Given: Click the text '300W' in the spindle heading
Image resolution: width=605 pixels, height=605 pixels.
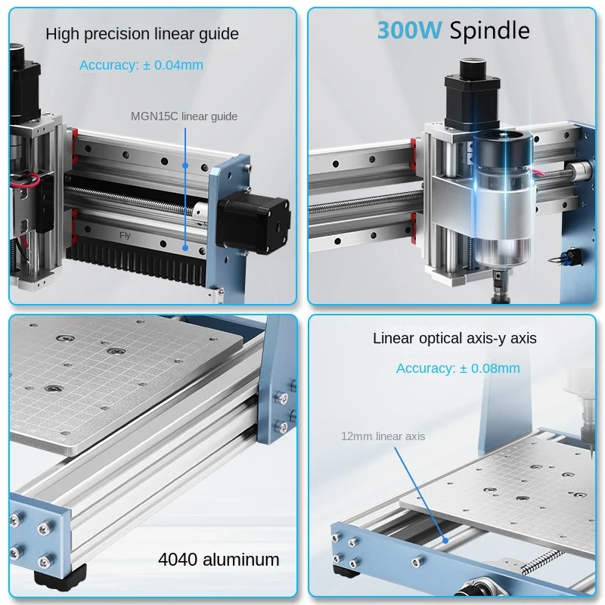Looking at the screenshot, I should coord(409,30).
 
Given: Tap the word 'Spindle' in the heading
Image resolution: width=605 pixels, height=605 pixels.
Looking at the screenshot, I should coord(489,30).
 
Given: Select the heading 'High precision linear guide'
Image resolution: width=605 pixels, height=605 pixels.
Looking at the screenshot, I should coord(142,34).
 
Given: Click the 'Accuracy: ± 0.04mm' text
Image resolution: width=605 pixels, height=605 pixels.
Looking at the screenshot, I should coord(141,65).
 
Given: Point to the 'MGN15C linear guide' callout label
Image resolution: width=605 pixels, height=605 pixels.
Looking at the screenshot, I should coord(184,116).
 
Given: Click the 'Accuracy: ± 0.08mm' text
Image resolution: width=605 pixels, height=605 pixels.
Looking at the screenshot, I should coord(458,368).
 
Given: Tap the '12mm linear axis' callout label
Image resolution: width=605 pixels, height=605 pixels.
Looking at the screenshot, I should coord(383,436).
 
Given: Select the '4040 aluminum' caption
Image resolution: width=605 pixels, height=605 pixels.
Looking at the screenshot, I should coord(219,560).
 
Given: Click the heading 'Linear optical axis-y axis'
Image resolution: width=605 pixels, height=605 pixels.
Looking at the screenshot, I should coord(455,338).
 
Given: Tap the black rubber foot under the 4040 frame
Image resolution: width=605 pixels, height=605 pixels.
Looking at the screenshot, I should coord(58,576).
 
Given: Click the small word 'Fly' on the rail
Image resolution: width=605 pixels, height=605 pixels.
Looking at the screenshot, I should coord(125,235).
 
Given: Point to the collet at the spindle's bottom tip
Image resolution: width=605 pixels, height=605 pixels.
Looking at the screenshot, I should coord(501,288).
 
